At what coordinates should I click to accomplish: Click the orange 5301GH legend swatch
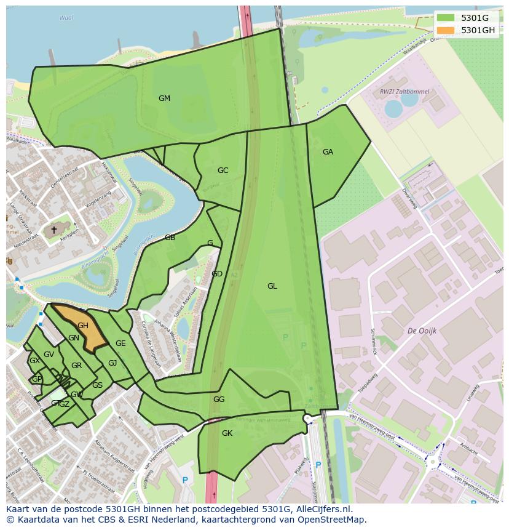(x=447, y=30)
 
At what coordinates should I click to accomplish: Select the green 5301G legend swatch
(x=447, y=18)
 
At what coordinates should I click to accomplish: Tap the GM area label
(x=164, y=98)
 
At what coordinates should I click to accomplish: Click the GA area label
(x=328, y=152)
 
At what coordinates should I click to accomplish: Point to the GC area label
(x=223, y=171)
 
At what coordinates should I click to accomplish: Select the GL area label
(x=272, y=286)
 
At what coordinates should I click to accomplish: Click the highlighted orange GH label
(x=83, y=326)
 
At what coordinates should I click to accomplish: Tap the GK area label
(x=227, y=433)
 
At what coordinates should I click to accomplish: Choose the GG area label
(x=219, y=400)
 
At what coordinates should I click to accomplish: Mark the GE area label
(x=120, y=343)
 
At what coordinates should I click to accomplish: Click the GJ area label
(x=112, y=363)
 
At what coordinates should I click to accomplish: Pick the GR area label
(x=76, y=366)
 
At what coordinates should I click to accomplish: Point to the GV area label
(x=49, y=355)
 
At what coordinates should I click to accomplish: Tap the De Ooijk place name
(x=422, y=331)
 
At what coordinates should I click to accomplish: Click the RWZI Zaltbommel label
(x=404, y=92)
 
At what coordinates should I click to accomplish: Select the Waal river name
(x=66, y=18)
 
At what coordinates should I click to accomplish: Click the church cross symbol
(x=54, y=230)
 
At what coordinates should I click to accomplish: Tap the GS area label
(x=97, y=385)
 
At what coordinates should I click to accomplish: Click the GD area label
(x=217, y=274)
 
